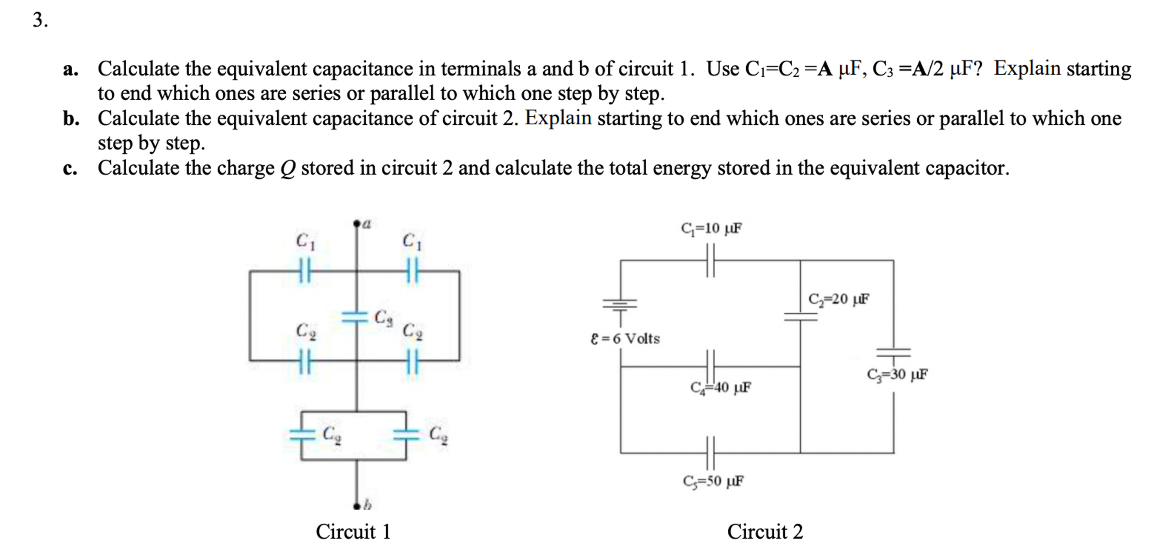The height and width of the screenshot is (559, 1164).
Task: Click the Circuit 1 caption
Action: click(353, 532)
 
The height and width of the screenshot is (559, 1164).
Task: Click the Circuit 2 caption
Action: click(765, 532)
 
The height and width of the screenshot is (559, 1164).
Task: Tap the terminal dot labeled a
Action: click(357, 223)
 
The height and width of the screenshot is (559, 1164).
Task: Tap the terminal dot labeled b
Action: click(357, 506)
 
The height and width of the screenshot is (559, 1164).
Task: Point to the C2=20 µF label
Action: click(839, 299)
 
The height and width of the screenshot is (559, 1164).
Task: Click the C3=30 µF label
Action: click(897, 374)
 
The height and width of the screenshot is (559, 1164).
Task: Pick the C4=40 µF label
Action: click(721, 387)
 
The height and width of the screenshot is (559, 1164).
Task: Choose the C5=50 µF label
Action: click(713, 481)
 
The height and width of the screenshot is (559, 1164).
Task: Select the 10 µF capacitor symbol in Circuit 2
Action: click(710, 260)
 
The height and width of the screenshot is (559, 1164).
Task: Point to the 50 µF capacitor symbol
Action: click(710, 452)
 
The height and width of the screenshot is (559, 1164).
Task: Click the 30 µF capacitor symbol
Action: click(893, 352)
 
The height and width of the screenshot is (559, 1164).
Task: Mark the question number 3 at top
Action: click(40, 20)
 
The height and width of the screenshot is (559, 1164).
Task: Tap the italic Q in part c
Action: click(287, 169)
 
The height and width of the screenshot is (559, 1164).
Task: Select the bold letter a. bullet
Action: click(70, 69)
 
